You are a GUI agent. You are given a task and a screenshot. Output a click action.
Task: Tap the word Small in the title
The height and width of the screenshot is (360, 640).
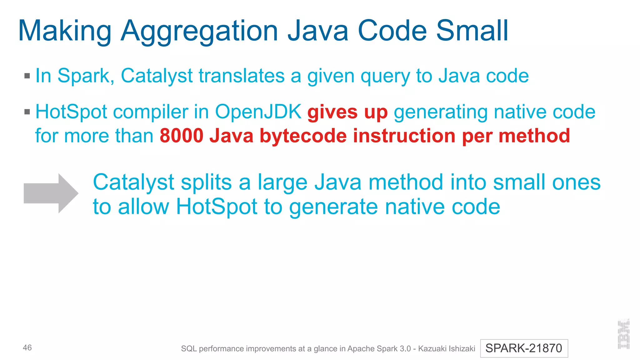click(x=472, y=31)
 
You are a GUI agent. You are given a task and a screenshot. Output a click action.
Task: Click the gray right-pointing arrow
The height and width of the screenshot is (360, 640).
click(x=51, y=193)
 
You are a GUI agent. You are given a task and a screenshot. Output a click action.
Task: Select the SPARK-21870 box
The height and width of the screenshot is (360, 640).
click(x=524, y=348)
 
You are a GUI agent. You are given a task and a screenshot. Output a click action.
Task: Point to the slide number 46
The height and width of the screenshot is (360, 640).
click(x=27, y=347)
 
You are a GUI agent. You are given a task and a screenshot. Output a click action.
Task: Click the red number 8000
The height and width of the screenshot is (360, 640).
click(x=182, y=136)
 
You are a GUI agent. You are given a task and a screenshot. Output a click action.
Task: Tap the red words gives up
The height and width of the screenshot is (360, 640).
click(x=347, y=112)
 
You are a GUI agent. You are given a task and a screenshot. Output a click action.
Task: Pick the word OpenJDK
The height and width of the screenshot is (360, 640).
click(x=258, y=112)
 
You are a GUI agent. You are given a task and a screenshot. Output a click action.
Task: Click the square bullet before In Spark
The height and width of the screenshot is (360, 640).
click(x=27, y=76)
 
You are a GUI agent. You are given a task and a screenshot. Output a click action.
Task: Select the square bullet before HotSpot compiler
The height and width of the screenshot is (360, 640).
click(x=27, y=112)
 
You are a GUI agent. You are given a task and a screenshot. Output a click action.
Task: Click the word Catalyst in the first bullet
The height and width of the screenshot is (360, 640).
click(x=157, y=76)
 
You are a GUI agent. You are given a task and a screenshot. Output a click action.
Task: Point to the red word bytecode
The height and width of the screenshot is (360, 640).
click(x=303, y=136)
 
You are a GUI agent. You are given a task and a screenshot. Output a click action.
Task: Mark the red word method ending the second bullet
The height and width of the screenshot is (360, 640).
click(x=534, y=136)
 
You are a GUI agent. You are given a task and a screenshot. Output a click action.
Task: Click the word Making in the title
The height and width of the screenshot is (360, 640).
click(x=65, y=31)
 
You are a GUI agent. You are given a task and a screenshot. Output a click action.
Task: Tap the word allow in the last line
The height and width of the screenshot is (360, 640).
click(x=143, y=207)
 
